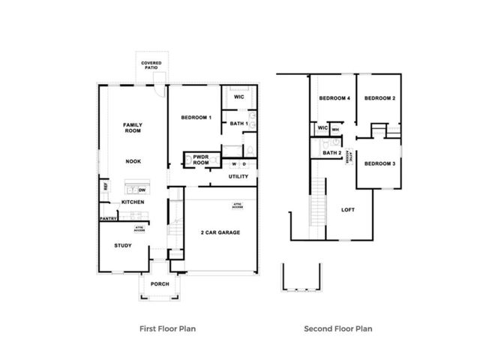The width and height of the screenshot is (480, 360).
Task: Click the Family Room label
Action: (133, 127)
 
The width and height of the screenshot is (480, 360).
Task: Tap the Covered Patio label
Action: (151, 66)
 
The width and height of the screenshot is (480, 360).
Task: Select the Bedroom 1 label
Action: (196, 118)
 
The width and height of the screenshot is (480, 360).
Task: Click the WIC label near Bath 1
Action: (238, 97)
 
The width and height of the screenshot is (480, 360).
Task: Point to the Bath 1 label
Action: (238, 123)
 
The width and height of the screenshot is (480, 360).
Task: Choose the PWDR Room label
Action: (200, 160)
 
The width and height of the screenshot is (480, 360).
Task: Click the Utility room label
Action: (238, 177)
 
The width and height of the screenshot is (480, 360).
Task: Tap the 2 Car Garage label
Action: (220, 233)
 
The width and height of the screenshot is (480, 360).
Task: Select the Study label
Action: (123, 245)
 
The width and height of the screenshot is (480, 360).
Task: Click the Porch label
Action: (159, 284)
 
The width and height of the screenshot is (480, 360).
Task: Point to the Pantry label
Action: (106, 219)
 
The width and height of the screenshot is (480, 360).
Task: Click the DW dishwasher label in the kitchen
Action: (141, 190)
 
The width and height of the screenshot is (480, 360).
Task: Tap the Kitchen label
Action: (133, 202)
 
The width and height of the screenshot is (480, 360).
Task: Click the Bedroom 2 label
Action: (380, 99)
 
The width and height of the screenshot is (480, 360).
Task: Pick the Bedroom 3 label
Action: (380, 163)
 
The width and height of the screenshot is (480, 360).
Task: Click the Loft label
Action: (348, 210)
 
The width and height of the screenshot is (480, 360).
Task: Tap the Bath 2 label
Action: (332, 153)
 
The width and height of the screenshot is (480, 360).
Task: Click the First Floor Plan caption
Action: (169, 328)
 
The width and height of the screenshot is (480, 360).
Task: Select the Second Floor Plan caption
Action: (337, 328)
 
